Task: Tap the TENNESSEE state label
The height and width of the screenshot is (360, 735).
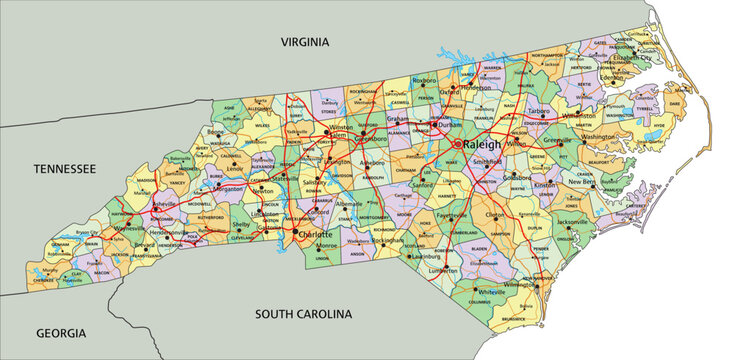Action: pos(64,170)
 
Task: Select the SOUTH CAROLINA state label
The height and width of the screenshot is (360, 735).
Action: pos(303,314)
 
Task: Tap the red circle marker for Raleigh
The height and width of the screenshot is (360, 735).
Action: pos(458,144)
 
